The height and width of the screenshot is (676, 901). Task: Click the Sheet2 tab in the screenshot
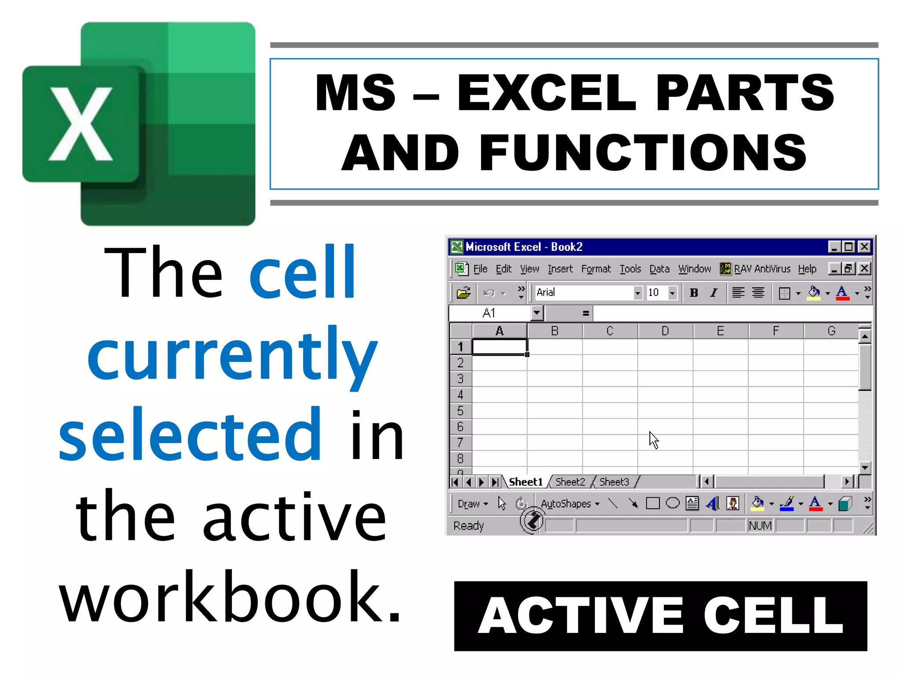point(570,482)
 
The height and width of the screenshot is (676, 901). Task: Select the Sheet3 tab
point(614,482)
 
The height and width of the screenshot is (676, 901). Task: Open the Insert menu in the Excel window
point(560,269)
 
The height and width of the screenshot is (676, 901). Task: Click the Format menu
point(596,269)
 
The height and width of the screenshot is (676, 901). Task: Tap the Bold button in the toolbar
point(694,293)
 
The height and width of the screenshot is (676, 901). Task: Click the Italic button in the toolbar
point(714,293)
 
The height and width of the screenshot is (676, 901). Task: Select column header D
point(665,331)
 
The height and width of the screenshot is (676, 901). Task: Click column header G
point(831,331)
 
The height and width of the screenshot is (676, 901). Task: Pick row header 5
point(460,411)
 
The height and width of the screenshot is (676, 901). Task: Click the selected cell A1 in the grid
point(499,347)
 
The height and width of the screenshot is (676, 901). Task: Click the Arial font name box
point(583,293)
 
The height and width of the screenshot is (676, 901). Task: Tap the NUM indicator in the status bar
point(760,525)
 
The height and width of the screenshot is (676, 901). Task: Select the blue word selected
point(190,435)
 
